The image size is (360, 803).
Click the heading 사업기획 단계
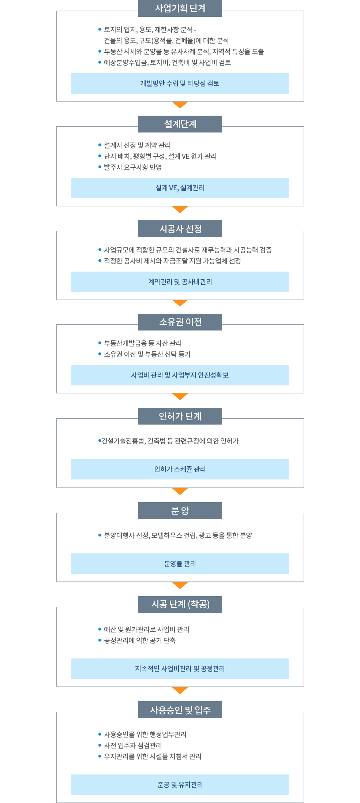(x=180, y=8)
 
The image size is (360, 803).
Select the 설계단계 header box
(x=180, y=124)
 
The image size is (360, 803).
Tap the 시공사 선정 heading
(x=180, y=229)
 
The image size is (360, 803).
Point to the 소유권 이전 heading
(x=180, y=322)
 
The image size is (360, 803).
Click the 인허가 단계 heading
(x=180, y=416)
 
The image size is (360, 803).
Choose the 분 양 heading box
(x=180, y=511)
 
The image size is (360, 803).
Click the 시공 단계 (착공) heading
(x=180, y=604)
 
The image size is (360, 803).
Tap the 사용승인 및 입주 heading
(x=180, y=710)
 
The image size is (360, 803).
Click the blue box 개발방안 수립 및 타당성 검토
(x=180, y=83)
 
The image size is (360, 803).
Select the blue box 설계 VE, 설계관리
(x=180, y=188)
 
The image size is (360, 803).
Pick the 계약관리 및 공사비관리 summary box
(x=180, y=282)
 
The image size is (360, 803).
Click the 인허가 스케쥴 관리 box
(x=180, y=469)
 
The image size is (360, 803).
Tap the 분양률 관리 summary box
(x=180, y=564)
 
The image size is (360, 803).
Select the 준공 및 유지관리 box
(x=180, y=785)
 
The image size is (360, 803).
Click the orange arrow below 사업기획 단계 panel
(x=180, y=105)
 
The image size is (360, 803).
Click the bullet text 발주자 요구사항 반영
(x=133, y=167)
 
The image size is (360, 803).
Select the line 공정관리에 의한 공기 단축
(x=140, y=640)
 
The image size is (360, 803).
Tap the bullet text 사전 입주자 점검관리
(x=133, y=746)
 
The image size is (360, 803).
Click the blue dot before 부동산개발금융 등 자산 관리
(x=100, y=343)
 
